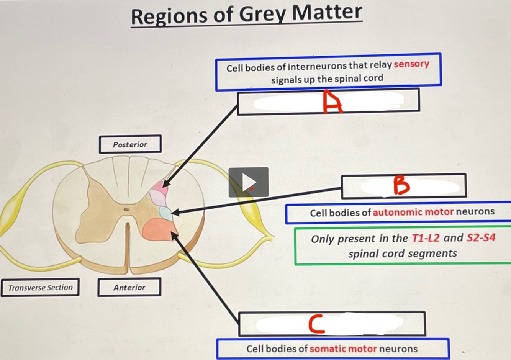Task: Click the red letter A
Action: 332,102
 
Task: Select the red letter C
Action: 317,324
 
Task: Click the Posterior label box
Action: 130,144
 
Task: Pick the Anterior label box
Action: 129,287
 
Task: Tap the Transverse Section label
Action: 40,287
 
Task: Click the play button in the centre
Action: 249,182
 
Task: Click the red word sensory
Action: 411,64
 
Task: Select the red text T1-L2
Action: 426,238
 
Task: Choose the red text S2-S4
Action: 481,238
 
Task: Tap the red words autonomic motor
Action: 413,212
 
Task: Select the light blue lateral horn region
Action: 166,213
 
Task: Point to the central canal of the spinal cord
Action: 126,209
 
